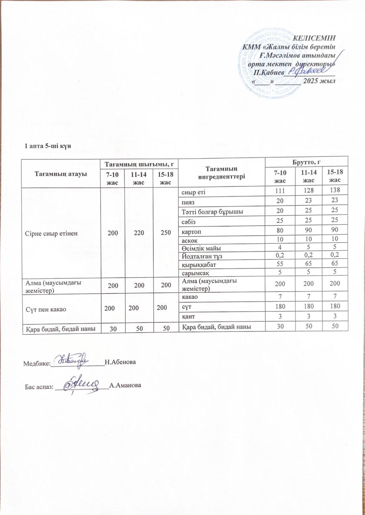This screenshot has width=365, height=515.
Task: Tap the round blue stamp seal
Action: pyautogui.click(x=277, y=64)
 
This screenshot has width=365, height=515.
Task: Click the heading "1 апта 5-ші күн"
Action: pyautogui.click(x=48, y=145)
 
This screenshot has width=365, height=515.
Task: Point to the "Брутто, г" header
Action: pyautogui.click(x=307, y=161)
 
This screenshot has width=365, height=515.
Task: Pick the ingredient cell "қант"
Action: pyautogui.click(x=188, y=318)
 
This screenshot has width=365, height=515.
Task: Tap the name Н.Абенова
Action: pyautogui.click(x=120, y=363)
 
